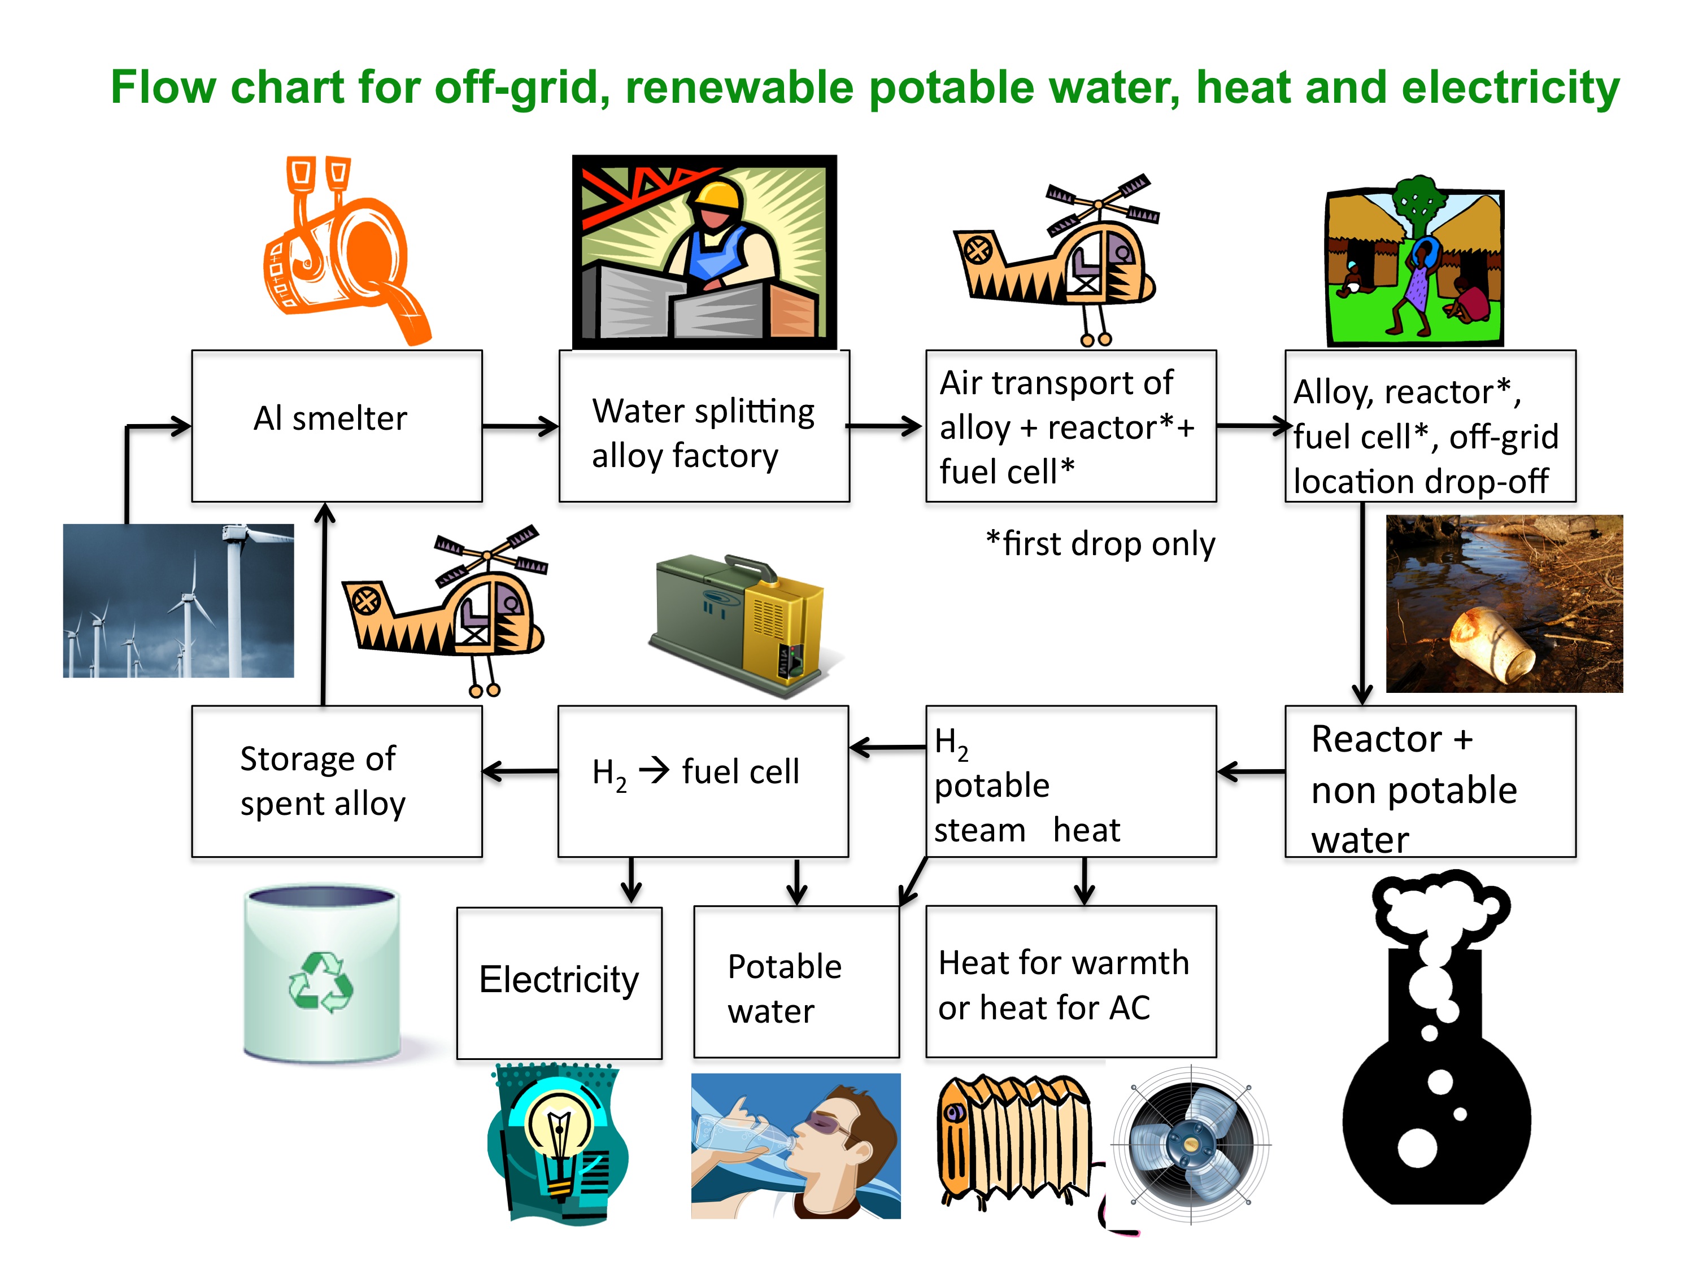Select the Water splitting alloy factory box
pyautogui.click(x=704, y=426)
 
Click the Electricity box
pyautogui.click(x=559, y=982)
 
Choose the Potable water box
pyautogui.click(x=796, y=982)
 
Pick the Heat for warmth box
pyautogui.click(x=1070, y=982)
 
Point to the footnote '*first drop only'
pyautogui.click(x=1100, y=544)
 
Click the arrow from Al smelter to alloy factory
pyautogui.click(x=520, y=426)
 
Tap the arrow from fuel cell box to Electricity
pyautogui.click(x=631, y=880)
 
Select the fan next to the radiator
pyautogui.click(x=1190, y=1145)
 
